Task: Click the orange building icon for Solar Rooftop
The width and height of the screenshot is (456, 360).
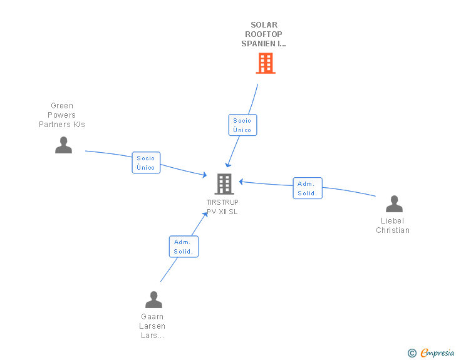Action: (266, 63)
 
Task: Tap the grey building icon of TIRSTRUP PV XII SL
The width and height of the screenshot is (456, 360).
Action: (224, 184)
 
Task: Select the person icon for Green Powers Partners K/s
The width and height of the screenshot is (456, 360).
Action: (63, 145)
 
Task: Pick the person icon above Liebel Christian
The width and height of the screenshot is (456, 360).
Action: (394, 203)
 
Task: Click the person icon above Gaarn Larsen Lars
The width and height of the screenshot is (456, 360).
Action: (153, 299)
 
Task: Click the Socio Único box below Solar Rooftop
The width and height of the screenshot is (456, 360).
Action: (242, 125)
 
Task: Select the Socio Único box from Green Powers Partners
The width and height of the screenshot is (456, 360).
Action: (146, 163)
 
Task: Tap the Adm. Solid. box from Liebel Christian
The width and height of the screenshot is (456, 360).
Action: (308, 188)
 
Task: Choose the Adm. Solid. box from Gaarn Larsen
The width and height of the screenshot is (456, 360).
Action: (184, 247)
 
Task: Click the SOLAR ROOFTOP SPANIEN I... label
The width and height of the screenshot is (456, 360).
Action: (264, 34)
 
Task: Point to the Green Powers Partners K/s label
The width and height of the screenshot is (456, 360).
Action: (62, 115)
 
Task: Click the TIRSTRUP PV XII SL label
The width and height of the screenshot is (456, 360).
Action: (222, 207)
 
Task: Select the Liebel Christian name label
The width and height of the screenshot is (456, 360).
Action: (393, 225)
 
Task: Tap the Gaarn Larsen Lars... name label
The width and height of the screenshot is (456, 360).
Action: (152, 326)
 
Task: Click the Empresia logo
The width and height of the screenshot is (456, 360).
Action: (437, 352)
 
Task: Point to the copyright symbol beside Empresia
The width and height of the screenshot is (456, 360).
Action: (412, 353)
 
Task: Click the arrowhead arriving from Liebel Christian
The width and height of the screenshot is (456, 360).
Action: (241, 182)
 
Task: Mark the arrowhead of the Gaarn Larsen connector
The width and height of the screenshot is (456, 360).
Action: (205, 215)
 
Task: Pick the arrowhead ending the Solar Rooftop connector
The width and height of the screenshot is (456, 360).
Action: (228, 165)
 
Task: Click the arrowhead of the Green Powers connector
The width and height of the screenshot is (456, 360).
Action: (205, 175)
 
